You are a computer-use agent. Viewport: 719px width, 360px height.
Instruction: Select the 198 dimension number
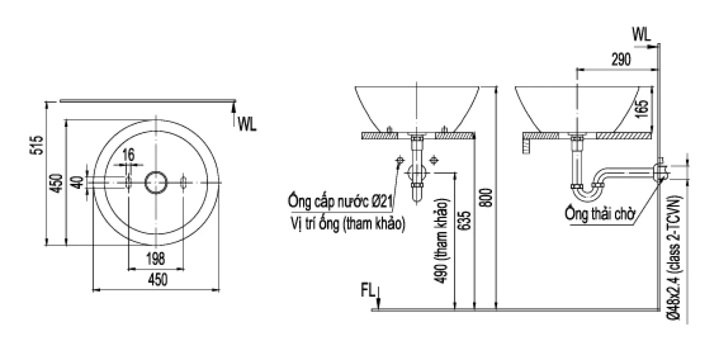tap(155, 259)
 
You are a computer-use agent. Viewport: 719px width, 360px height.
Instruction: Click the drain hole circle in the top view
tap(156, 182)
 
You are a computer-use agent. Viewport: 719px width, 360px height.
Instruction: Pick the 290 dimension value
tap(620, 60)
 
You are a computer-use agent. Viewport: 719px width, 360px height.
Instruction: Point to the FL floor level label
tap(367, 291)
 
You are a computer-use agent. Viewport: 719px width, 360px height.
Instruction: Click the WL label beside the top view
tap(247, 123)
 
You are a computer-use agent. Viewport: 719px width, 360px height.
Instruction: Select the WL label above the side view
tap(641, 34)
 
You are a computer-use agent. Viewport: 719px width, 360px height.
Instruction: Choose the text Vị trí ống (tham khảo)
tap(347, 224)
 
